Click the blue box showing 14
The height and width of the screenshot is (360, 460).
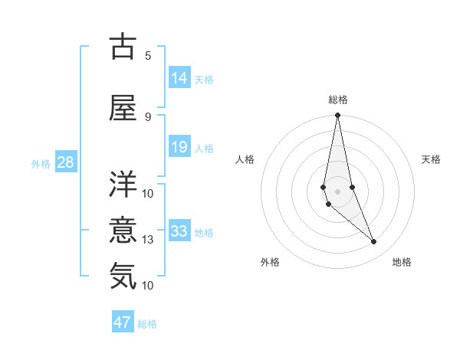[179, 78]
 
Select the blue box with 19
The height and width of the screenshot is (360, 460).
[179, 147]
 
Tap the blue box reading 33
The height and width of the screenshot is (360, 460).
[179, 231]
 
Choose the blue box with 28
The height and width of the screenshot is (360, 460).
[65, 162]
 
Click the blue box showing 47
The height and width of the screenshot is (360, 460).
[123, 322]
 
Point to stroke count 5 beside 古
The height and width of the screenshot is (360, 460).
[147, 55]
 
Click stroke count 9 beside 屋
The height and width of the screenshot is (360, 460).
[147, 116]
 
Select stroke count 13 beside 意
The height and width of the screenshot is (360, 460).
[147, 240]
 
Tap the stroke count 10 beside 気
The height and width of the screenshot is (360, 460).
[147, 286]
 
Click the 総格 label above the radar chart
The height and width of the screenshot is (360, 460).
[338, 100]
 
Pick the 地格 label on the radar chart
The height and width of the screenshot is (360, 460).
[402, 262]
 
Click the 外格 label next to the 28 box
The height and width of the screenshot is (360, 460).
[41, 163]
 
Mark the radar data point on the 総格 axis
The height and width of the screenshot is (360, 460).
[337, 115]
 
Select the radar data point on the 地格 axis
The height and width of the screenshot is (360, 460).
[374, 242]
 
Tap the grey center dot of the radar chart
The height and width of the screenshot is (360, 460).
[337, 191]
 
